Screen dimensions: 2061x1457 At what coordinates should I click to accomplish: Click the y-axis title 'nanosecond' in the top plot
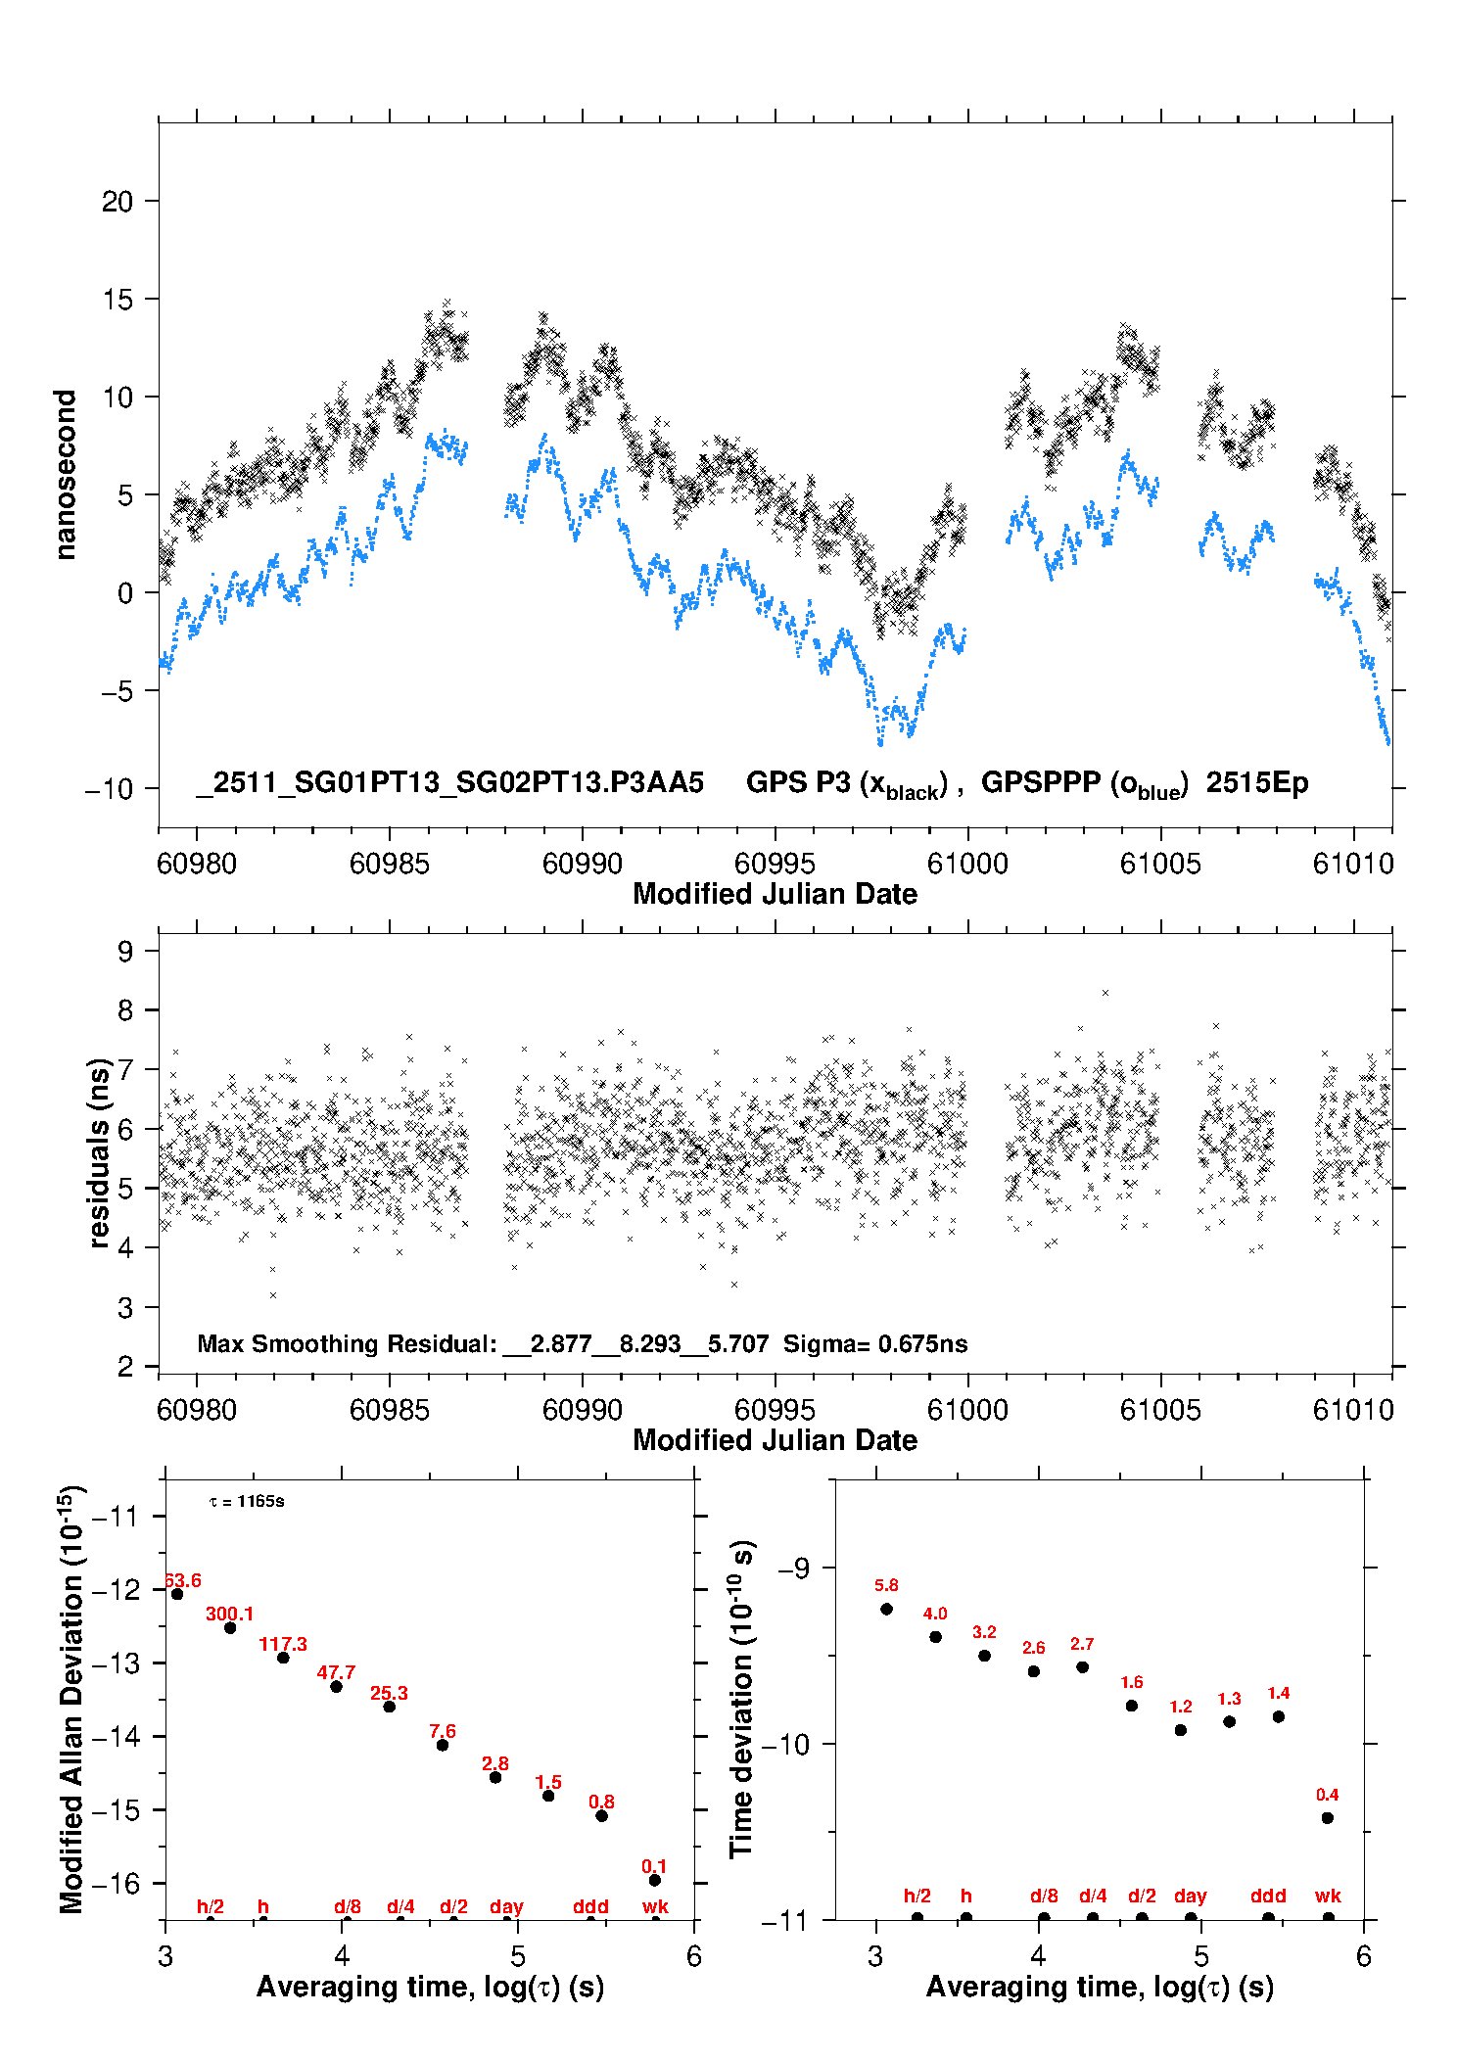tap(66, 475)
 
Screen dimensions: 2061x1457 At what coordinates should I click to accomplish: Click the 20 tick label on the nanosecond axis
tap(117, 202)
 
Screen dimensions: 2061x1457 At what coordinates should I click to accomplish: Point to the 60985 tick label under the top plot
tap(389, 864)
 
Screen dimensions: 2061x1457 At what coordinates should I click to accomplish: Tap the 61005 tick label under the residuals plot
tap(1160, 1410)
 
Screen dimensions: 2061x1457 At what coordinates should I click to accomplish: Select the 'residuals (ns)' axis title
tap(99, 1152)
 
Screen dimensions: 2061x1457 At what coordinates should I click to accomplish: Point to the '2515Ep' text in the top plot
tap(1256, 783)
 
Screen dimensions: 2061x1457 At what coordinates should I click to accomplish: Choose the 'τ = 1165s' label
tap(247, 1502)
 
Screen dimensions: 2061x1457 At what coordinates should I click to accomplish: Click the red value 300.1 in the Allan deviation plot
tap(229, 1614)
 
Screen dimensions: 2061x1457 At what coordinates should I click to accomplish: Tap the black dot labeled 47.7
tap(336, 1686)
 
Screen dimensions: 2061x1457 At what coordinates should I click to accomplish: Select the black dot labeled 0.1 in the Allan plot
tap(655, 1880)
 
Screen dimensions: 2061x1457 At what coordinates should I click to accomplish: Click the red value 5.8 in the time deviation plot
tap(886, 1585)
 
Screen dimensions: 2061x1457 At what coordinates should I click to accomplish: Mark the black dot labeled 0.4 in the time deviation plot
tap(1328, 1818)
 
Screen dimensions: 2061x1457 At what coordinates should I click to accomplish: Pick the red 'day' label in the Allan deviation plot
tap(506, 1906)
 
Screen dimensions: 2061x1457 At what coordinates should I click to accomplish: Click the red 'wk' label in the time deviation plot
tap(1328, 1897)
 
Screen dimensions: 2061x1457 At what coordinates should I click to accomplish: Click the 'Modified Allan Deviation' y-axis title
tap(72, 1699)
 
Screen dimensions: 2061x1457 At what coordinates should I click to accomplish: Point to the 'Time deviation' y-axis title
tap(741, 1699)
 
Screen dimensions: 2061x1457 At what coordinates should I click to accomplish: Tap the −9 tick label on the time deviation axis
tap(793, 1569)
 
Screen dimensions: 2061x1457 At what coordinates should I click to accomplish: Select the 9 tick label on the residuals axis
tap(125, 951)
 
